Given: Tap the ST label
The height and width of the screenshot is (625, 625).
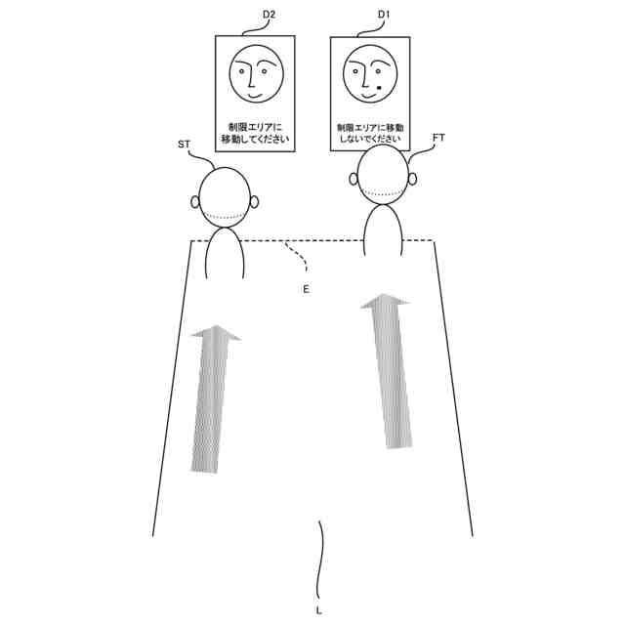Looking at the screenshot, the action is click(184, 145).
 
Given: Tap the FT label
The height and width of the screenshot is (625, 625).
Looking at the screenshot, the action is click(438, 139).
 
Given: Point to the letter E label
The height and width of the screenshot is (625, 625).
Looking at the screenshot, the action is click(306, 290).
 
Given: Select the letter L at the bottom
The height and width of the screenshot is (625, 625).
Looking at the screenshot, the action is click(319, 610).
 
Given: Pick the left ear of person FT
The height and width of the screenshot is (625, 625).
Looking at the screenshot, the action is click(354, 179).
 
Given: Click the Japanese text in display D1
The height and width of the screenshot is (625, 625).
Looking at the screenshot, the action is click(369, 134).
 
